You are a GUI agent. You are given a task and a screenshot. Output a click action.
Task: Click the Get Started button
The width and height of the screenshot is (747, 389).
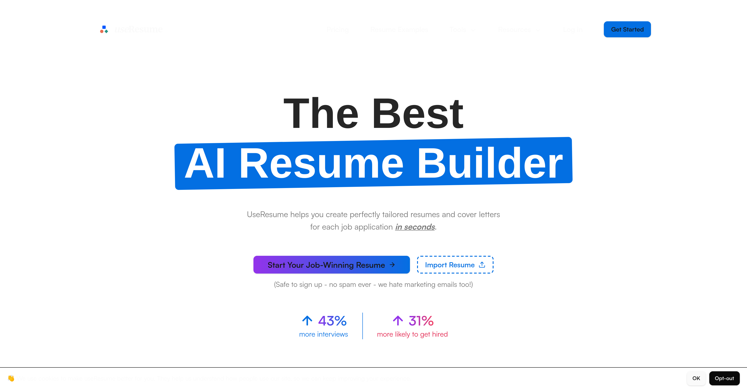[x=627, y=29]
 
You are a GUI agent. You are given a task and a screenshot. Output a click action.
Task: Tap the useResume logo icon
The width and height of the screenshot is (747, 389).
[x=104, y=29]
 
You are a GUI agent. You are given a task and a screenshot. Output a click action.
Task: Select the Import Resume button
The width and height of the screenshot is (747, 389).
[x=455, y=265]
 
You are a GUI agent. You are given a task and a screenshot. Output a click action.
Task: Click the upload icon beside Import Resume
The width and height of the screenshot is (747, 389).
[x=482, y=265]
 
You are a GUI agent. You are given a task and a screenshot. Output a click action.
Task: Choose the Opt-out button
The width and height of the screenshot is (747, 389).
[x=724, y=378]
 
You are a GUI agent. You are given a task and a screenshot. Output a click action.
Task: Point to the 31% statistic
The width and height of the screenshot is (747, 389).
[x=421, y=321]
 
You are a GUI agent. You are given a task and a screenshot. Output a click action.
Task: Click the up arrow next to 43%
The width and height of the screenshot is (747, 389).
[x=307, y=321]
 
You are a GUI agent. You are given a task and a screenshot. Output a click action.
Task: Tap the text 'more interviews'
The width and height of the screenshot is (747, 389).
[x=323, y=334]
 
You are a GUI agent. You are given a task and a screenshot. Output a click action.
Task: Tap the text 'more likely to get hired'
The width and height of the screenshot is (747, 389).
[x=412, y=334]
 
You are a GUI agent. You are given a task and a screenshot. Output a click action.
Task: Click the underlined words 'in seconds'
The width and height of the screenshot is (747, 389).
[x=415, y=227]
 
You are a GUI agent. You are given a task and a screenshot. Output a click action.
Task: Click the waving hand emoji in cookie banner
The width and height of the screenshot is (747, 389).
[x=11, y=378]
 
